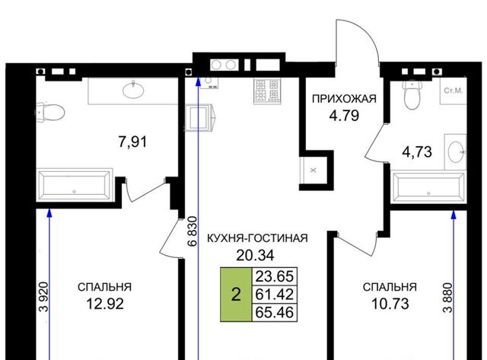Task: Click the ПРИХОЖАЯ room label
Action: click(344, 99)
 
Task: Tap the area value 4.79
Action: click(344, 116)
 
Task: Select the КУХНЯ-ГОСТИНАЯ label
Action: click(257, 238)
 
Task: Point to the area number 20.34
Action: click(256, 255)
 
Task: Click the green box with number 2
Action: click(236, 294)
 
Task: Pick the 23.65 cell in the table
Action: click(275, 276)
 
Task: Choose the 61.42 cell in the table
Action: click(275, 294)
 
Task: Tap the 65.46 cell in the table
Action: click(275, 312)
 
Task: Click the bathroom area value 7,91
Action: click(132, 142)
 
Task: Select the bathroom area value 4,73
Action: click(417, 152)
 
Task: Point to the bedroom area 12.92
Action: click(105, 304)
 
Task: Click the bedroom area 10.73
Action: click(390, 304)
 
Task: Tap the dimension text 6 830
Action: click(193, 231)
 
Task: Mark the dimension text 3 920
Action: click(44, 297)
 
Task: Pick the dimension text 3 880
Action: click(448, 298)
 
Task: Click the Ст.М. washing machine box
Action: click(454, 91)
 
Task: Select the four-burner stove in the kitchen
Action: click(267, 91)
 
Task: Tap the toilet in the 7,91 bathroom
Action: click(50, 112)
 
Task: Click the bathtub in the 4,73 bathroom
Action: click(429, 186)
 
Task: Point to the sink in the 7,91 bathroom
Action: click(134, 90)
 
